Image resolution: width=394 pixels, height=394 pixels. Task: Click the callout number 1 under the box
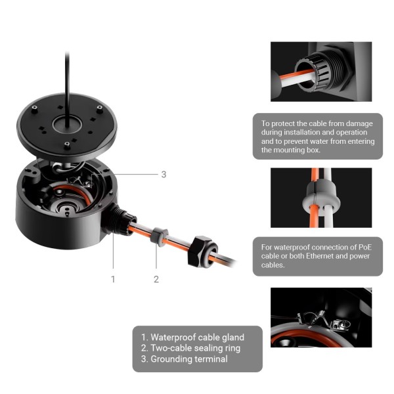point(113,279)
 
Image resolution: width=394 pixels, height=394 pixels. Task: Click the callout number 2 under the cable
point(156,279)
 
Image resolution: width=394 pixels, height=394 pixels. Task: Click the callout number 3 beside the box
point(164,175)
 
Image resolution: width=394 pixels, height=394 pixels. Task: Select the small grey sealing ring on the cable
point(158,236)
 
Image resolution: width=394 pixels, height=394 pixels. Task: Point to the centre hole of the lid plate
point(67,121)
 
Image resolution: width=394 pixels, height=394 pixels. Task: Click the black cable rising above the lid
point(67,72)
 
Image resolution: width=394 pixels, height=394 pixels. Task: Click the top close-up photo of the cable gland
point(321,72)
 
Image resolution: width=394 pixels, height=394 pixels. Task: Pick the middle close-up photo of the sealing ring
point(321,198)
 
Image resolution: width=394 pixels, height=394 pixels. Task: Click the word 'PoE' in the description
point(365,247)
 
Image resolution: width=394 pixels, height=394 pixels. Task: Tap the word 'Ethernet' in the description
point(316,256)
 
